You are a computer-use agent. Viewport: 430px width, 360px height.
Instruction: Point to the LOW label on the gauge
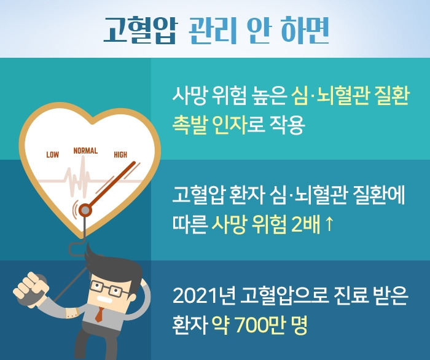pos(53,155)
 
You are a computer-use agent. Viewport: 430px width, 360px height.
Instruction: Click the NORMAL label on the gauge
pos(85,151)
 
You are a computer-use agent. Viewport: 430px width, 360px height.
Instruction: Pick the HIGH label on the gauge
pos(120,155)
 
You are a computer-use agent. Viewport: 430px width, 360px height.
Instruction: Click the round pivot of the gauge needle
pos(85,211)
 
